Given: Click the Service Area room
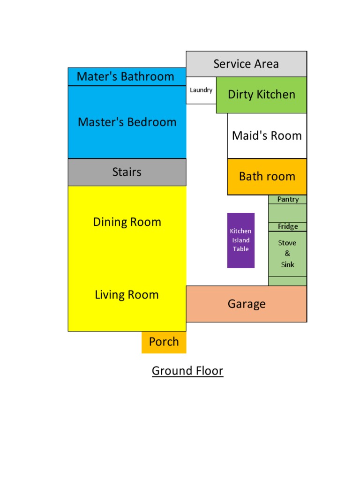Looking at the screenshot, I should click(246, 64).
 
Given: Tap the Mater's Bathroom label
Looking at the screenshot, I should click(125, 76).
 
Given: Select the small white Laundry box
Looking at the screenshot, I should click(201, 90).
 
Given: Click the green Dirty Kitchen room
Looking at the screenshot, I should click(261, 95).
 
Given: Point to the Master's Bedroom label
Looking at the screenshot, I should click(127, 122).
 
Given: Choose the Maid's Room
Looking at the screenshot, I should click(267, 136).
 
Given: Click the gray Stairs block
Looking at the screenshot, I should click(127, 172).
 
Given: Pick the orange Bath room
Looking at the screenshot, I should click(267, 177).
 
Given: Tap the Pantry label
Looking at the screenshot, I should click(288, 199).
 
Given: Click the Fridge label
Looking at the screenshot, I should click(288, 226).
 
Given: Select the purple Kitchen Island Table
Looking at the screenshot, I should click(241, 240).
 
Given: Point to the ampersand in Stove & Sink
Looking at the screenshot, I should click(287, 254).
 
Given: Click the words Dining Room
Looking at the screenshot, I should click(127, 222).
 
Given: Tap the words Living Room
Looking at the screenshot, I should click(127, 295).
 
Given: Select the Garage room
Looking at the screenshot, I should click(247, 304).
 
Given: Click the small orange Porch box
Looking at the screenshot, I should click(164, 342).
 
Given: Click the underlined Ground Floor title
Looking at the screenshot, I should click(187, 371).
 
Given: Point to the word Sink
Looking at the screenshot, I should click(287, 264).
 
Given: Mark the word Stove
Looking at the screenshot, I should click(287, 243).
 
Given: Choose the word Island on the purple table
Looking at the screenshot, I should click(241, 240).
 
